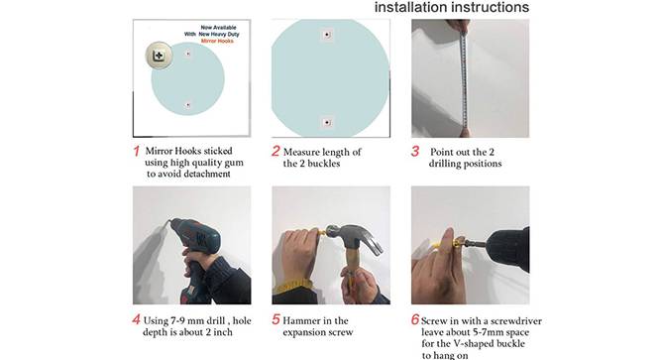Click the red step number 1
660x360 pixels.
[x=137, y=151]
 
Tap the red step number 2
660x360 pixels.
[x=275, y=151]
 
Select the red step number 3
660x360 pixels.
[x=415, y=151]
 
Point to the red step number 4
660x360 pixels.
[x=136, y=319]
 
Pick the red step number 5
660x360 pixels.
[x=275, y=319]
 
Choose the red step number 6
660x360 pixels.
[x=415, y=319]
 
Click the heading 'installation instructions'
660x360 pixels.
[x=452, y=7]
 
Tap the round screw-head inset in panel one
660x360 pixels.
[x=160, y=56]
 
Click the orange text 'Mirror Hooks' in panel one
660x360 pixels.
[x=217, y=41]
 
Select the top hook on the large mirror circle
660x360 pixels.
[x=327, y=35]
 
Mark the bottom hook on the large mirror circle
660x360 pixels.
[x=327, y=123]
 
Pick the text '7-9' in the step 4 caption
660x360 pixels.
[x=177, y=321]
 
